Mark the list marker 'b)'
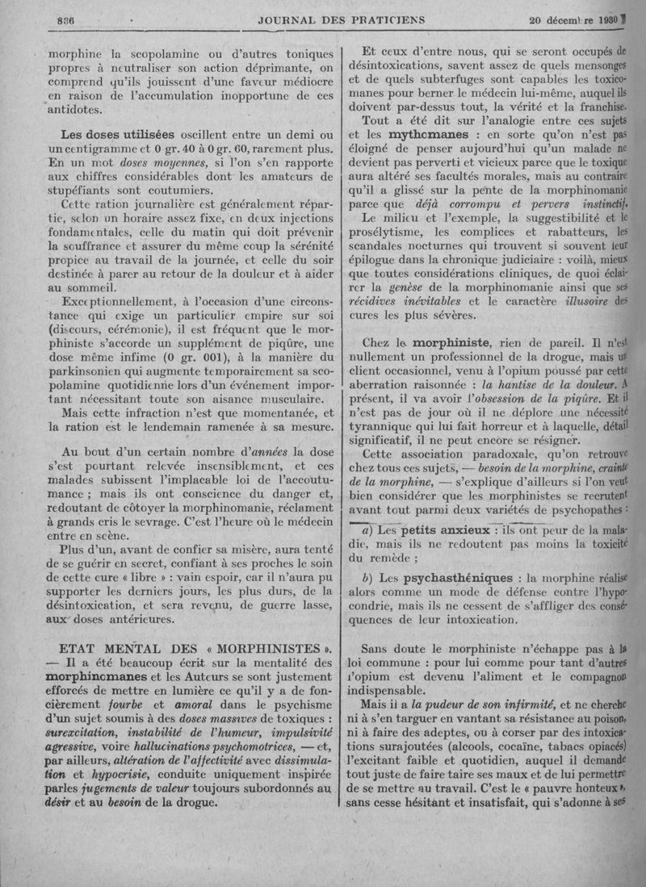(368, 578)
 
